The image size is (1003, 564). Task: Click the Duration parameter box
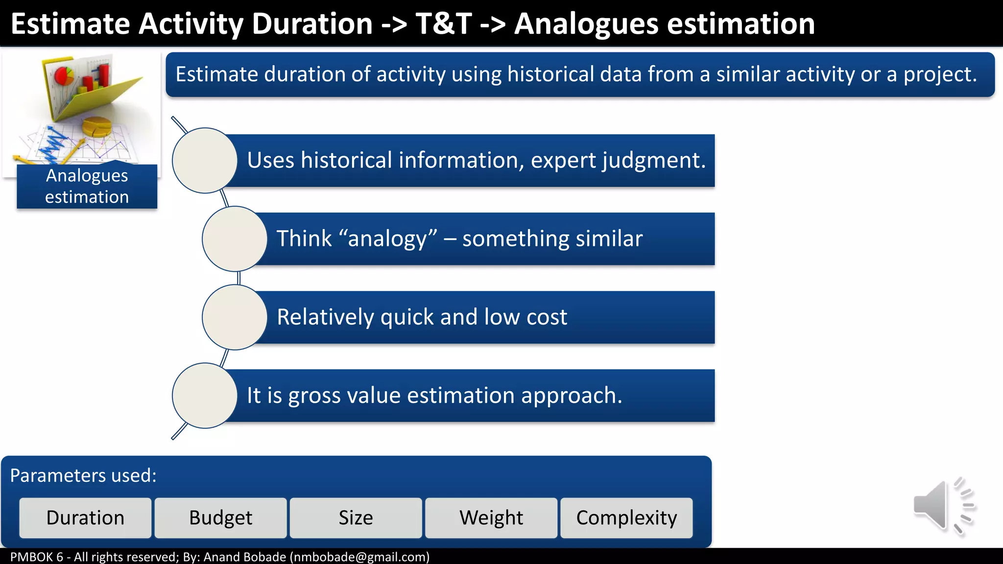click(85, 518)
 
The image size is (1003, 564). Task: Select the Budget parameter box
click(220, 518)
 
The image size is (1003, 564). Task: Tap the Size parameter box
click(356, 518)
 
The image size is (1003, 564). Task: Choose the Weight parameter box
click(491, 518)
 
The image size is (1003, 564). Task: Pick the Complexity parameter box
click(626, 518)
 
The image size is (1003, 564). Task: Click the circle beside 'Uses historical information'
click(205, 161)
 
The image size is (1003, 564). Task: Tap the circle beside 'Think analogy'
click(235, 239)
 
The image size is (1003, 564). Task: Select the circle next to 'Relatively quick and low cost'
click(235, 317)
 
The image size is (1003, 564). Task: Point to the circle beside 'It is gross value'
click(205, 396)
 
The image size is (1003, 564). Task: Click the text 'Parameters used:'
click(83, 476)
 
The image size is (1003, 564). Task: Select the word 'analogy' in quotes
click(387, 239)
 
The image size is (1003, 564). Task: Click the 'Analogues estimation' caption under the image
click(87, 187)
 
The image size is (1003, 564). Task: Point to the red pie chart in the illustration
click(64, 76)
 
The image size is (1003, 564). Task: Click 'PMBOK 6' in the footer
click(37, 557)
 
